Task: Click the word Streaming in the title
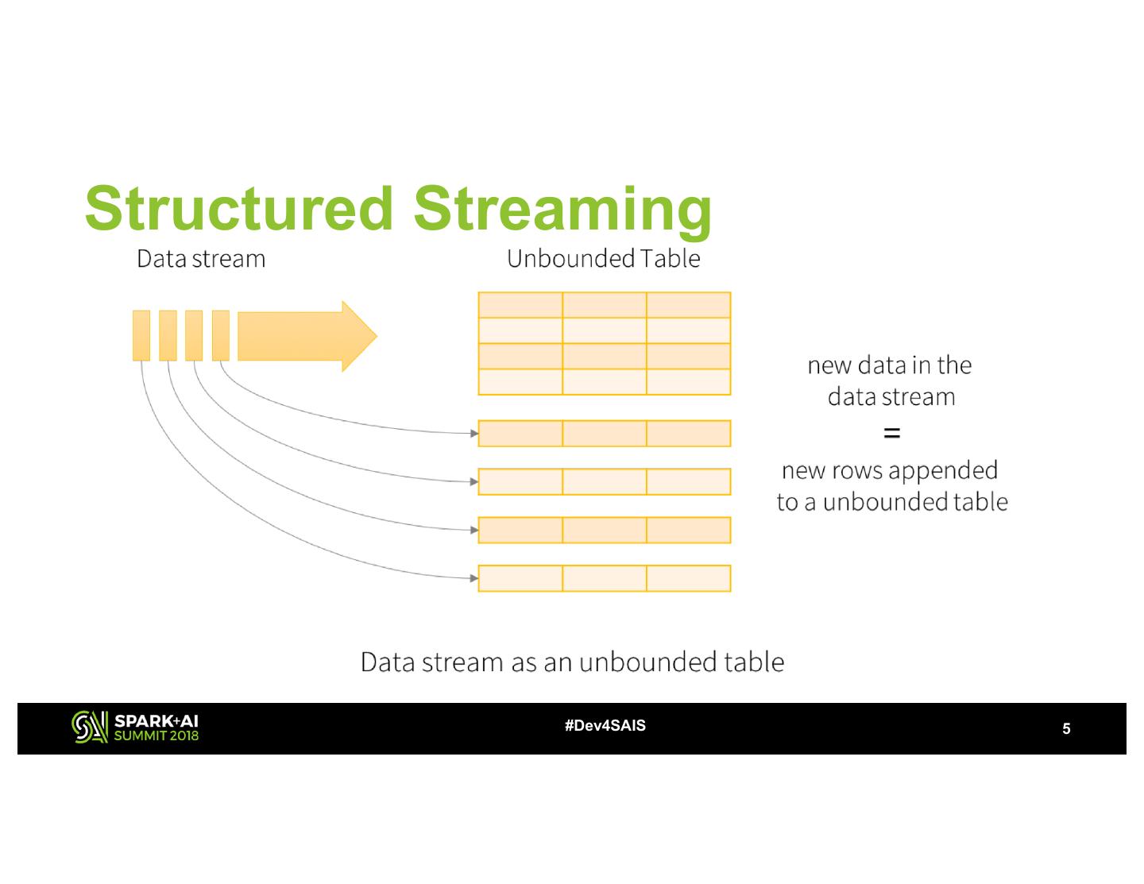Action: point(562,207)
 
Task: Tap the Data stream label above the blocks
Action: point(201,259)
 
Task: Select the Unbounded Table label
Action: point(604,259)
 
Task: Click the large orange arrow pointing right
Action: point(307,336)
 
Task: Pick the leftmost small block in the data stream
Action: point(141,336)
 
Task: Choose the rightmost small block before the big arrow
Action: point(221,336)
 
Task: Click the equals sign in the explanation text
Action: point(891,434)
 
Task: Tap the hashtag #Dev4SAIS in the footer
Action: point(605,726)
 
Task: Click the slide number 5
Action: point(1066,729)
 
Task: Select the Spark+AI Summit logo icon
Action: point(89,727)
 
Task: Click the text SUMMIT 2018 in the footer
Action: point(157,735)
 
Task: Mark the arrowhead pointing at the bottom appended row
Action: point(474,578)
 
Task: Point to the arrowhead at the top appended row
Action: point(474,434)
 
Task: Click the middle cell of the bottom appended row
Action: point(604,578)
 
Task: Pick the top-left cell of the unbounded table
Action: point(520,305)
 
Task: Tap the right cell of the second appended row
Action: point(688,482)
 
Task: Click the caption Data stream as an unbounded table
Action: point(572,662)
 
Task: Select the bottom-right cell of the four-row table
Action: point(688,382)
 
